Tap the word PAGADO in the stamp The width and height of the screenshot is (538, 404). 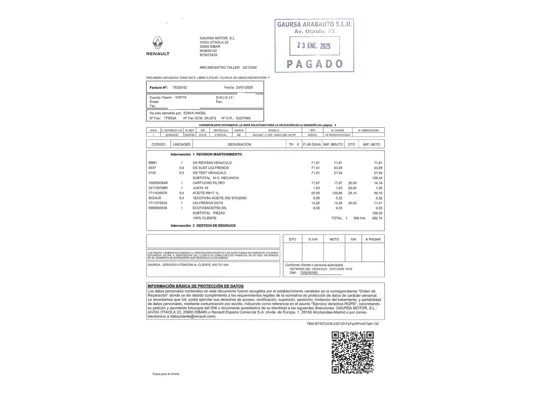[315, 64]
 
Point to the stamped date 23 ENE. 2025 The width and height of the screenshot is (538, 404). [314, 46]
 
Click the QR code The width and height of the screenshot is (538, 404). [353, 352]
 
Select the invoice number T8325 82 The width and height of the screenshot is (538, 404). [180, 88]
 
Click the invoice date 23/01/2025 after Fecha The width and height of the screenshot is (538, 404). [244, 88]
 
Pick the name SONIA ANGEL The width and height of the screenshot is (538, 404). [195, 113]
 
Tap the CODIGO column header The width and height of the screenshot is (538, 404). [158, 144]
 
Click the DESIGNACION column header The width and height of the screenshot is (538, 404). [239, 144]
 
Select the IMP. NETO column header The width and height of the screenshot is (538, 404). [371, 144]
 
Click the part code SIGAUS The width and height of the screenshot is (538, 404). [155, 198]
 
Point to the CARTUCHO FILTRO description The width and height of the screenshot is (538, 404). [208, 183]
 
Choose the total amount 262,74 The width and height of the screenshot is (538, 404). [377, 218]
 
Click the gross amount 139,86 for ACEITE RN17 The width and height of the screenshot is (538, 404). [338, 193]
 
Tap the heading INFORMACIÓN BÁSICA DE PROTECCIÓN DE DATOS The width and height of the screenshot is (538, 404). [195, 286]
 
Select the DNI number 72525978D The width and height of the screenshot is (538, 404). [309, 273]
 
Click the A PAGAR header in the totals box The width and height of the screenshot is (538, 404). [373, 239]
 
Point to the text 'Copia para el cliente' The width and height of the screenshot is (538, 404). [166, 374]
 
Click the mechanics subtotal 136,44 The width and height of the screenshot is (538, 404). [377, 178]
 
